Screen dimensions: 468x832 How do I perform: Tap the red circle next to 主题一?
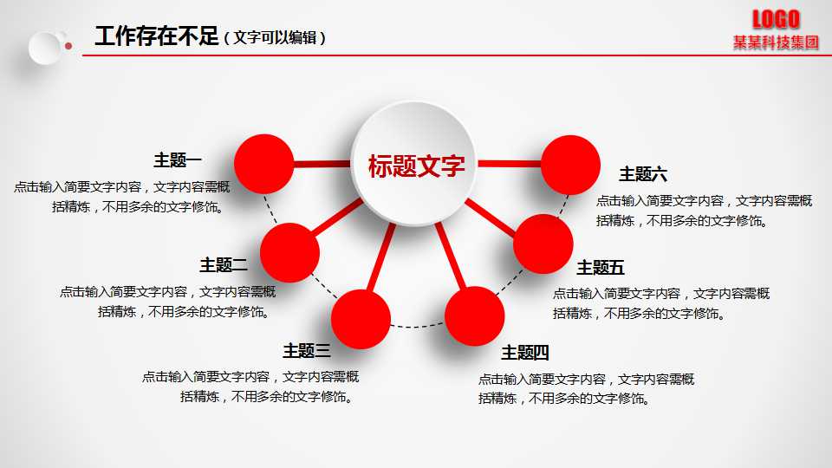264,164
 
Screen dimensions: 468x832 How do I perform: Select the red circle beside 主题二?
290,252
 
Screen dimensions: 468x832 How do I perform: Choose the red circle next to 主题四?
475,316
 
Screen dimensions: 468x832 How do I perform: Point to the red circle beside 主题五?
543,244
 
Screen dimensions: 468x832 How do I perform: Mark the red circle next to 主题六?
570,165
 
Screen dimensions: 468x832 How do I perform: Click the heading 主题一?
178,160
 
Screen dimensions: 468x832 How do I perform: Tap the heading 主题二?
224,265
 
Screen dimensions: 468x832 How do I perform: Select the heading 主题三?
306,351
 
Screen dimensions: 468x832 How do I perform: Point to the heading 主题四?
525,353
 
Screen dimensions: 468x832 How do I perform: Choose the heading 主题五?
601,268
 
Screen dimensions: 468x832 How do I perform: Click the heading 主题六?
643,174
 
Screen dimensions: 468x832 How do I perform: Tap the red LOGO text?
776,18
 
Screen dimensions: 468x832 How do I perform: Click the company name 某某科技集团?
776,42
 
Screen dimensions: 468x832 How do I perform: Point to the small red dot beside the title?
68,45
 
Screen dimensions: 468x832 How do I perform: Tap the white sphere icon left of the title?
45,47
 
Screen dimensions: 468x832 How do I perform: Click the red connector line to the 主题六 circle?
510,163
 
